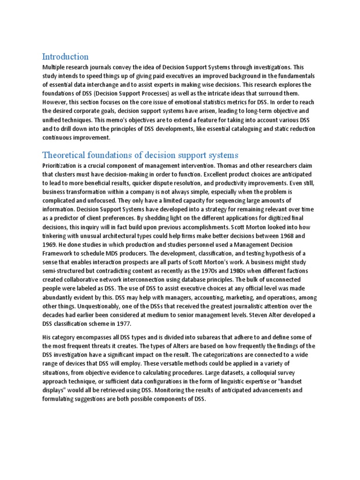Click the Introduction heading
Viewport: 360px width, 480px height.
[65, 57]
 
